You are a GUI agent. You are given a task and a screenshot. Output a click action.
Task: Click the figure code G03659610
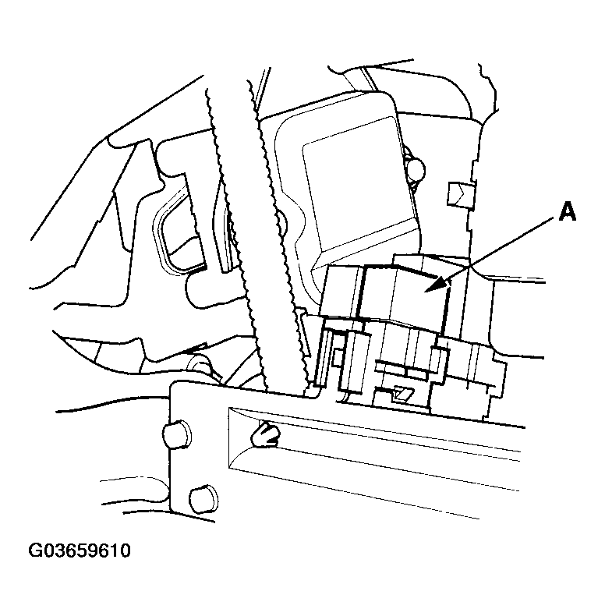point(80,551)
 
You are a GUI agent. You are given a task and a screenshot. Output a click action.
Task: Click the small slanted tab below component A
point(404,393)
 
